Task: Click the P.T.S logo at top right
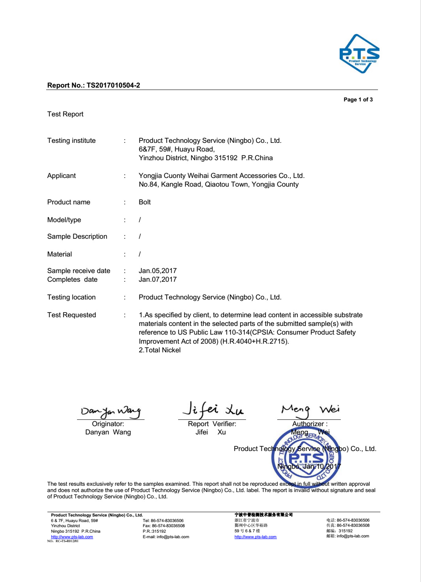click(359, 54)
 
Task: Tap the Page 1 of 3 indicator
click(358, 99)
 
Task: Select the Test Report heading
click(65, 114)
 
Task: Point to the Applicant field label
click(61, 176)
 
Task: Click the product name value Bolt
click(145, 202)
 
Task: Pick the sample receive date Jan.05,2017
click(158, 271)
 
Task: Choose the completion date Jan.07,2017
click(158, 279)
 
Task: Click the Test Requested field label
click(71, 315)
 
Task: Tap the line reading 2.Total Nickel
click(160, 350)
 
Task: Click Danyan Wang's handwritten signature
click(111, 411)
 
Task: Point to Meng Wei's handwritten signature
click(310, 409)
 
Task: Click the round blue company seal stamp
click(306, 458)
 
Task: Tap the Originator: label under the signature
click(108, 424)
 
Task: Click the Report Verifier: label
click(212, 424)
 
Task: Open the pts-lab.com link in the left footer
click(72, 537)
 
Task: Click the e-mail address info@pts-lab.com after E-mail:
click(173, 537)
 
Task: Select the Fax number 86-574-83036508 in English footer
click(168, 526)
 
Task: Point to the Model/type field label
click(64, 220)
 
